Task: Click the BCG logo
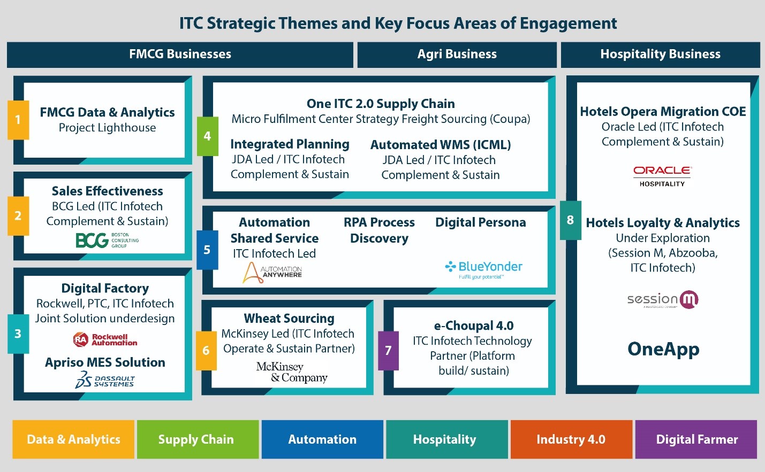click(x=107, y=240)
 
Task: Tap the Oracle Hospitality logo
click(x=663, y=176)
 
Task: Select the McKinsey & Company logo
click(x=292, y=373)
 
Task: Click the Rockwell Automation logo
click(x=105, y=339)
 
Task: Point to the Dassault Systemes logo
click(x=105, y=380)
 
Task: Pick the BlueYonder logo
click(x=483, y=270)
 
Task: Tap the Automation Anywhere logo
click(x=272, y=273)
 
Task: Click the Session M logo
click(x=663, y=300)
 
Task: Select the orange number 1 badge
click(x=18, y=120)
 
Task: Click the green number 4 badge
click(x=207, y=136)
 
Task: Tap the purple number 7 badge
click(x=388, y=351)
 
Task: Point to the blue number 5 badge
click(x=207, y=250)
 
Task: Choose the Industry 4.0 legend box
click(x=571, y=439)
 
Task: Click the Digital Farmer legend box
click(x=696, y=439)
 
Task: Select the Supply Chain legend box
click(x=198, y=439)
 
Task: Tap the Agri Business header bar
click(x=457, y=55)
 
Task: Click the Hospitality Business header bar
click(x=661, y=55)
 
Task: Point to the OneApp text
click(x=664, y=349)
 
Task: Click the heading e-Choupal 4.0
click(x=474, y=326)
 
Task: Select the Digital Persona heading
click(x=481, y=222)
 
